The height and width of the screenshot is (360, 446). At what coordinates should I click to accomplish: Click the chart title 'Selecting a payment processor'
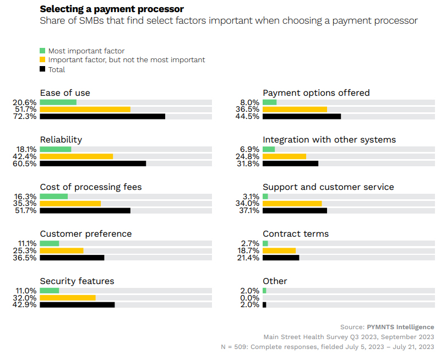click(x=112, y=9)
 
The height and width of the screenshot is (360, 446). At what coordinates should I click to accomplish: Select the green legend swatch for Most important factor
click(x=42, y=51)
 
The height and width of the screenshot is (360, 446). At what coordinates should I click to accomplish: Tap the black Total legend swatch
click(x=42, y=69)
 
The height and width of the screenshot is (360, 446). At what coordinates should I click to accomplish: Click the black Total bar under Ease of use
click(x=102, y=117)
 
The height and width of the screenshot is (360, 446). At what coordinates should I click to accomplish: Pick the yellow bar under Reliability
click(x=77, y=156)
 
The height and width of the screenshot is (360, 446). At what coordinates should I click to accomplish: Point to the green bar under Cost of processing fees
click(x=54, y=197)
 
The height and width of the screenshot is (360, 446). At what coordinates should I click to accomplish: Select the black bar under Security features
click(x=77, y=304)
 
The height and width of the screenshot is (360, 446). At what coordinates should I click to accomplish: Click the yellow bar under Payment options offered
click(x=295, y=109)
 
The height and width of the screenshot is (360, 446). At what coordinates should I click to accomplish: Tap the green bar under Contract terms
click(x=265, y=243)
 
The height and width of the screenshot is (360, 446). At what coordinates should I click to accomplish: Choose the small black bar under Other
click(x=264, y=304)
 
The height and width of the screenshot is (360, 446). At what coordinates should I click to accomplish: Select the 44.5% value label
click(x=248, y=117)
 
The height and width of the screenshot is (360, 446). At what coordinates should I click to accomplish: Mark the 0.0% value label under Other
click(x=250, y=298)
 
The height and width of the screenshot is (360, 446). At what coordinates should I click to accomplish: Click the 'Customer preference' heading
click(x=86, y=234)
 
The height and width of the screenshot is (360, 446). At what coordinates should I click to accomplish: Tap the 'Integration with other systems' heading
click(x=329, y=140)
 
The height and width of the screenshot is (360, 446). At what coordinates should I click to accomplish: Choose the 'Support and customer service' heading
click(x=328, y=187)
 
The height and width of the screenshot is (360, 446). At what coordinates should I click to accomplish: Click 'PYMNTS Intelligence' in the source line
click(x=400, y=327)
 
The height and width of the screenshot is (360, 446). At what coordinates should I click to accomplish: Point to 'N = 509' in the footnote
click(x=233, y=347)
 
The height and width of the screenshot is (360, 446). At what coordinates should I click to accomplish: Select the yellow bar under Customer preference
click(x=62, y=250)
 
